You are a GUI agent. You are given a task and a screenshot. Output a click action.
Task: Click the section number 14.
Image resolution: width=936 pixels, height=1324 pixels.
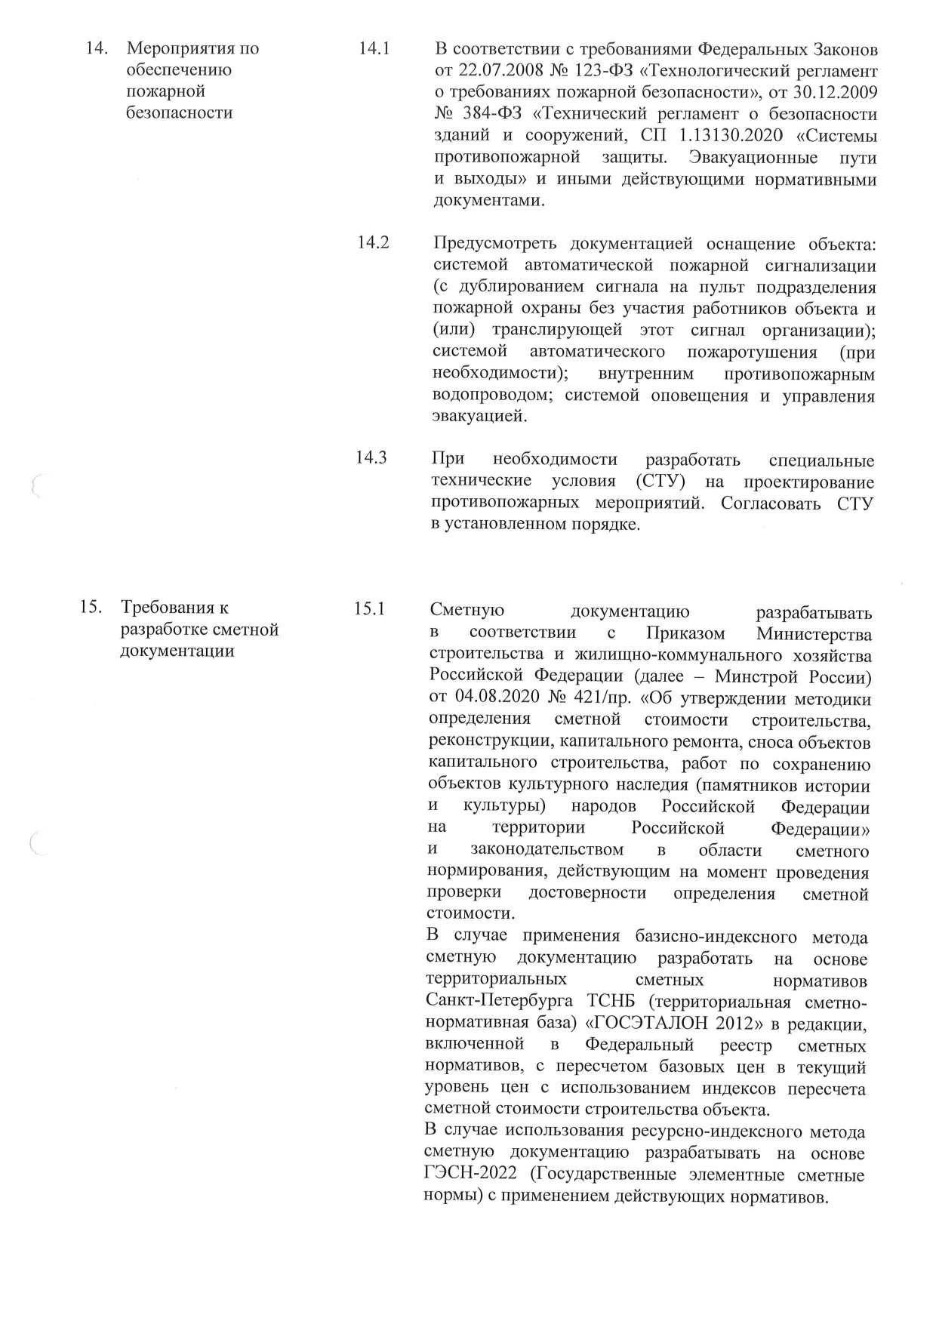(95, 49)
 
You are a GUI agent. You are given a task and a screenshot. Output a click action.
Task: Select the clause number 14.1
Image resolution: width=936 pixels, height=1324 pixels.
(374, 49)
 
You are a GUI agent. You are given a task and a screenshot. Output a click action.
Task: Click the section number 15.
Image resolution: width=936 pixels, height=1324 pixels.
(91, 607)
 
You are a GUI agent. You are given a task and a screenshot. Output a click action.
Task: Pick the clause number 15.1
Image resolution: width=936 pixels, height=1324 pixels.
(370, 608)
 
